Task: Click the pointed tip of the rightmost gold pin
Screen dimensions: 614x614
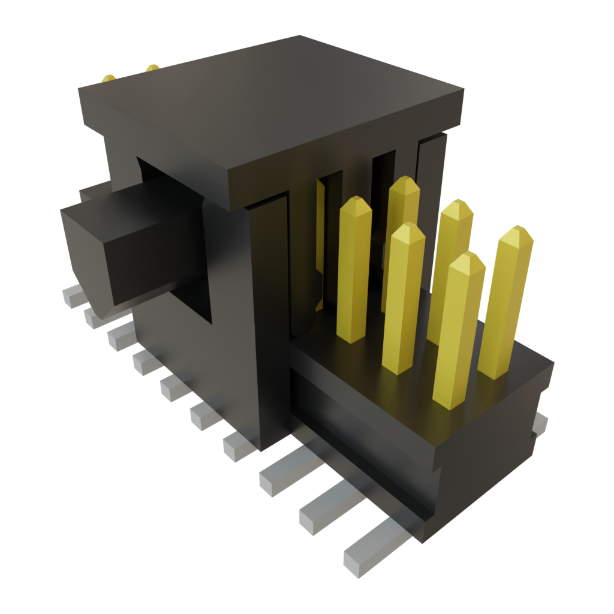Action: pyautogui.click(x=516, y=233)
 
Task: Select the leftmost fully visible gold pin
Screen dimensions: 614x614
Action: pyautogui.click(x=354, y=270)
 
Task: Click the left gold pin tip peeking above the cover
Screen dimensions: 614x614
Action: pyautogui.click(x=109, y=79)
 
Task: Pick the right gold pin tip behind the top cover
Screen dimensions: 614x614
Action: pyautogui.click(x=152, y=67)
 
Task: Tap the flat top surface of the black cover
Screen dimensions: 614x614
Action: pyautogui.click(x=270, y=102)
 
